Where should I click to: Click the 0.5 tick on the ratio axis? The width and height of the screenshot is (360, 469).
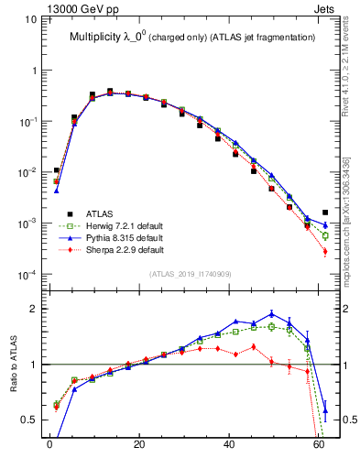click(x=27, y=420)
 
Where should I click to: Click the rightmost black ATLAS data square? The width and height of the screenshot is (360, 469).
click(x=325, y=213)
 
